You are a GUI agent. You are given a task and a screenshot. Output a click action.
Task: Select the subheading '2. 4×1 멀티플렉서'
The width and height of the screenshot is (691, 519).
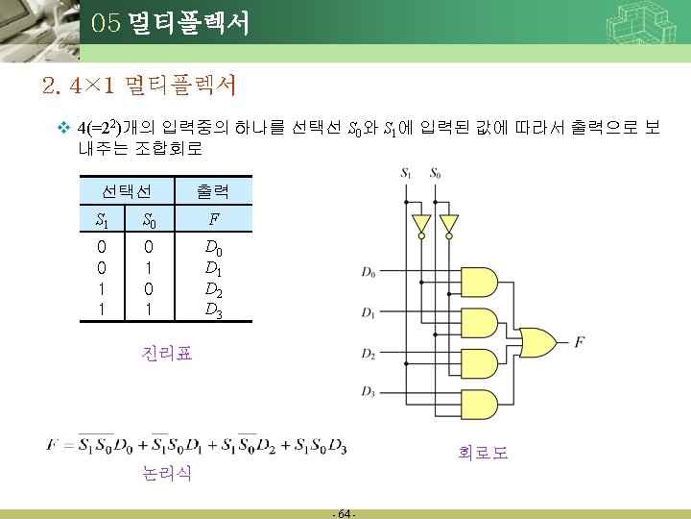[x=140, y=87]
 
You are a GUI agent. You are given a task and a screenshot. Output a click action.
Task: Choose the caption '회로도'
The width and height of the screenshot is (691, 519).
[x=482, y=451]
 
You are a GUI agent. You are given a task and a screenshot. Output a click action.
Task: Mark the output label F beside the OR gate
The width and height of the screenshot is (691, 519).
[x=579, y=341]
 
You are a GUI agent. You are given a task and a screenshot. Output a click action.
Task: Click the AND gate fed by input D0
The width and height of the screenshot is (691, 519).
[x=480, y=280]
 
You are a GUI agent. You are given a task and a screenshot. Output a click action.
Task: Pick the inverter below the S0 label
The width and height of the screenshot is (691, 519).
[x=446, y=224]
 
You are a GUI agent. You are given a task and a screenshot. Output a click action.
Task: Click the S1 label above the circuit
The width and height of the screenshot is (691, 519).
[x=408, y=174]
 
